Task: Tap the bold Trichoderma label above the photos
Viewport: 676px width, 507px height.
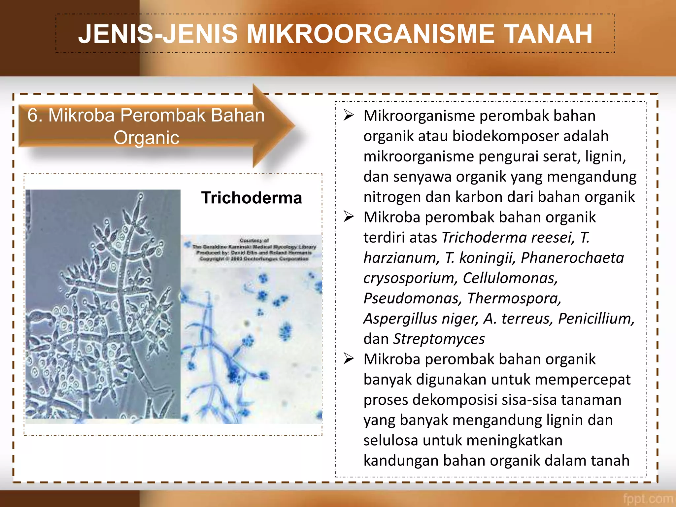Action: (252, 198)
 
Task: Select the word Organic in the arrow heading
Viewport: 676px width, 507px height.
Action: (146, 138)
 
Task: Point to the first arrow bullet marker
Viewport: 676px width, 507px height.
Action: (349, 115)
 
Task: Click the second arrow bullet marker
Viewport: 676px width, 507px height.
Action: (349, 217)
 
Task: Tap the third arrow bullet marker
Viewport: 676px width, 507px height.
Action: (349, 359)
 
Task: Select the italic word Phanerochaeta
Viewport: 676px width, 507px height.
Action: (572, 258)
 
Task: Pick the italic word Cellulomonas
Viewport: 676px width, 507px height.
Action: (510, 278)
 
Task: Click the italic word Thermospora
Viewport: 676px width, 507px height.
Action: (514, 298)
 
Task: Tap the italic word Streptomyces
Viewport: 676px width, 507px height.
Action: (439, 339)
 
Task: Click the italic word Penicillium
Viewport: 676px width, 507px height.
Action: (596, 319)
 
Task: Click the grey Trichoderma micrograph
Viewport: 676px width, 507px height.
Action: (103, 304)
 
